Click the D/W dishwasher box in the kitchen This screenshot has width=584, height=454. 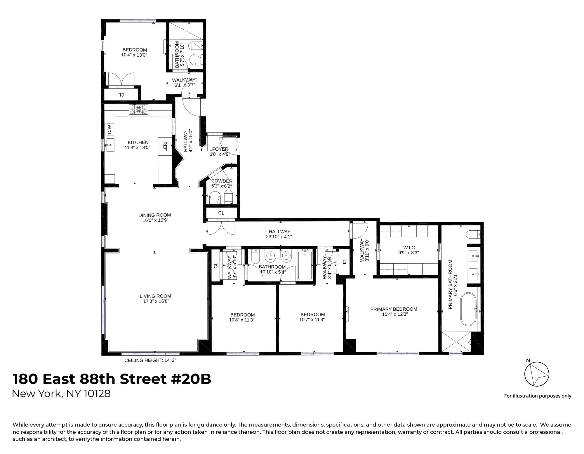tap(109, 129)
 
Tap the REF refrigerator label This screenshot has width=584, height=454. tap(165, 146)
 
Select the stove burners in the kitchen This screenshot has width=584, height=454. tap(139, 109)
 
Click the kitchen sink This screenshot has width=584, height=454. tap(110, 145)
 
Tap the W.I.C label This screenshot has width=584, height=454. tap(409, 248)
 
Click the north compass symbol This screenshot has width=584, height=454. tap(537, 374)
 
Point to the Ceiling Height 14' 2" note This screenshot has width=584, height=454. tap(150, 360)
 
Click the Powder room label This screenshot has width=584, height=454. tap(222, 181)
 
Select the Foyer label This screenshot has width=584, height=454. tap(220, 149)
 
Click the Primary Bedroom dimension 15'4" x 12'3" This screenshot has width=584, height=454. tap(393, 314)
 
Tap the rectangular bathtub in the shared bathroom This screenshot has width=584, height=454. tap(305, 265)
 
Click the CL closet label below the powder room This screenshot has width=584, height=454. tap(221, 213)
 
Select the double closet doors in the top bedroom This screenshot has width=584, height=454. tap(121, 79)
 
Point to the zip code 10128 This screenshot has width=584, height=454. tap(97, 394)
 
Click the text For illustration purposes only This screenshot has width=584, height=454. tap(537, 396)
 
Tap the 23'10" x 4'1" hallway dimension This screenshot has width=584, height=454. tap(279, 237)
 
